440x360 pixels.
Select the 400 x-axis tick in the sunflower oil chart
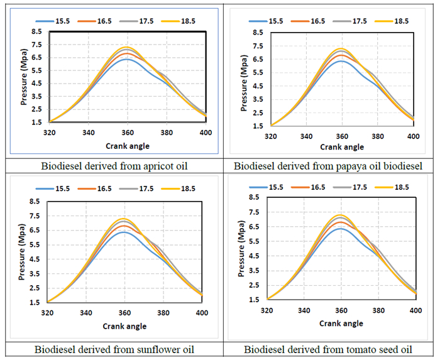[202, 312]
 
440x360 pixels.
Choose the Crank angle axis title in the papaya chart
[342, 147]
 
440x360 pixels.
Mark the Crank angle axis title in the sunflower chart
[124, 326]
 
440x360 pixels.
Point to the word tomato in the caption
[349, 349]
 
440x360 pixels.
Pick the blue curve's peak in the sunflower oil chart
[124, 232]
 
